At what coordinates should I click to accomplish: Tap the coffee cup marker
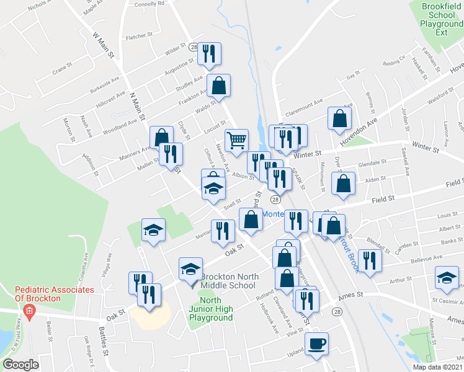pos(317,344)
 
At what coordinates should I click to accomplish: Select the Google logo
pos(20,365)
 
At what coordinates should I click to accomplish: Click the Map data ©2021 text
pos(437,367)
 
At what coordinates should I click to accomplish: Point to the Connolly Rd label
pos(149,3)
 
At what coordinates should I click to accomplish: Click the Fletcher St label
pos(139,37)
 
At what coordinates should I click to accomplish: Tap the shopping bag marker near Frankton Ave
pos(219,86)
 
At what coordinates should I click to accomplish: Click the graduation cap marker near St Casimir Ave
pos(446,278)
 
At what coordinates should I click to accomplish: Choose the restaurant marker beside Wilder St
pos(209,54)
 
